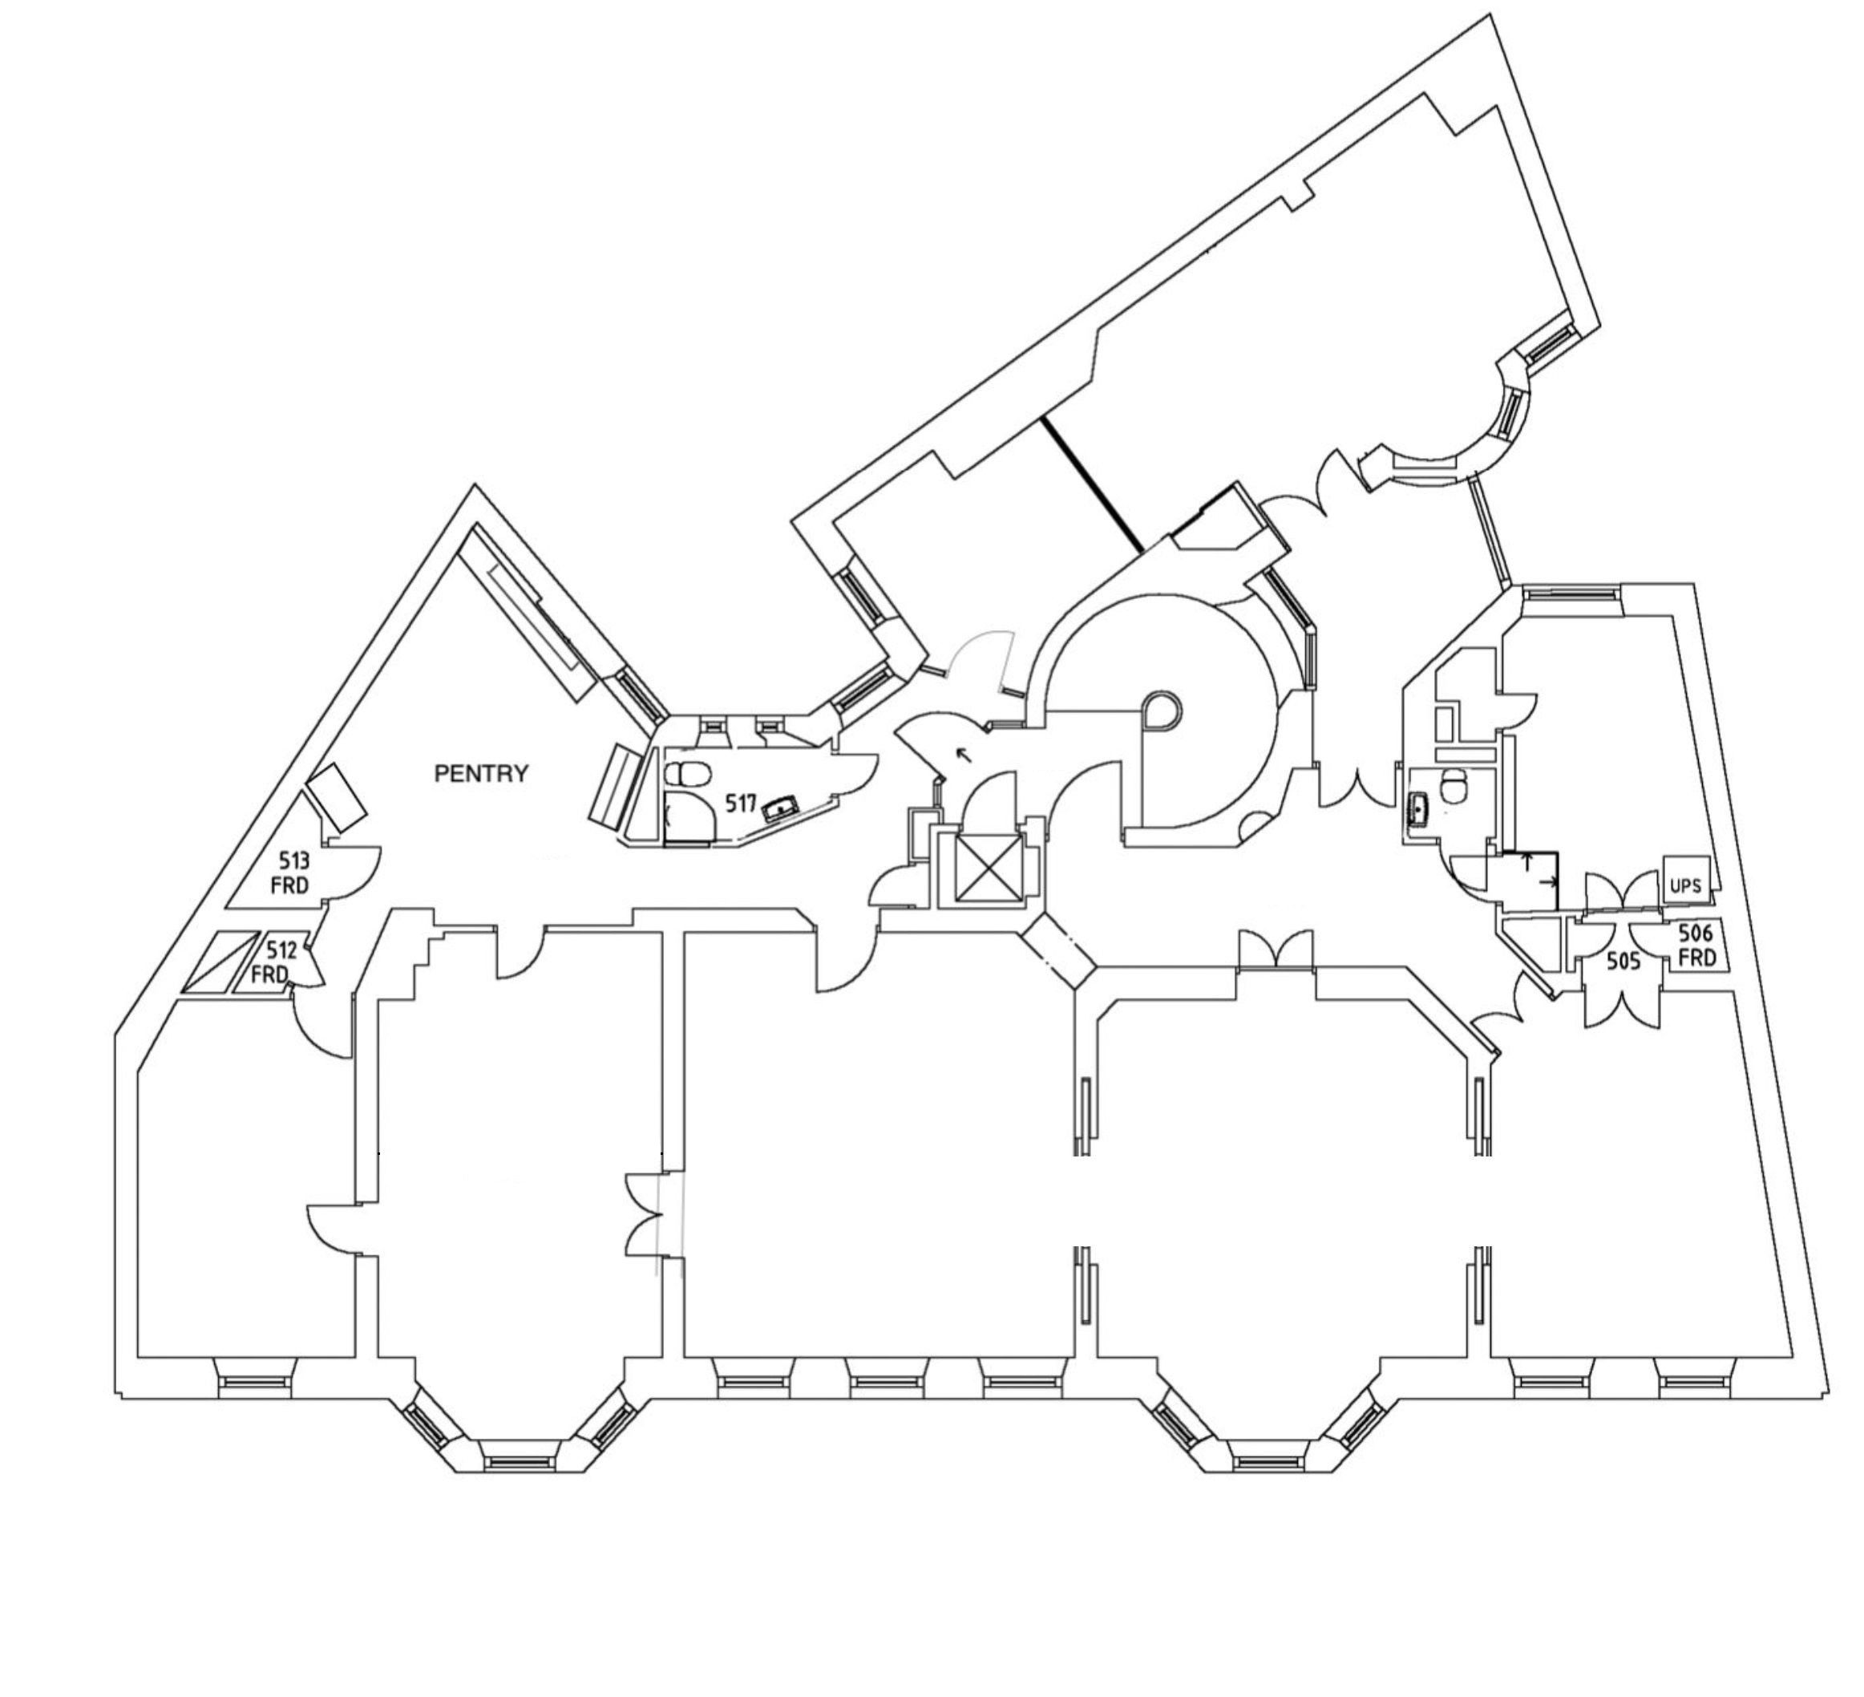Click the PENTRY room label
click(x=481, y=774)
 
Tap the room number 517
click(x=741, y=804)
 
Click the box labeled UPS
click(x=1685, y=885)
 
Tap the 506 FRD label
click(x=1696, y=946)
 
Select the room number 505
click(x=1623, y=962)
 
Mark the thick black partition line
click(x=1091, y=484)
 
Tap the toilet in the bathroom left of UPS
click(x=1454, y=786)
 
